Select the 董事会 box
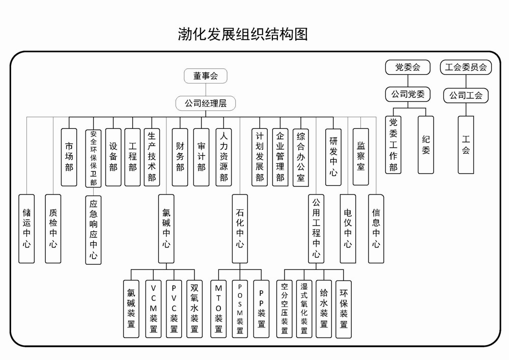(x=205, y=76)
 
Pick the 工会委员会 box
(x=466, y=67)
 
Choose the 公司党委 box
(x=407, y=94)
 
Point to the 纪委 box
(x=426, y=144)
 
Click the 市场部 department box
(x=69, y=156)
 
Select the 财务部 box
(x=180, y=156)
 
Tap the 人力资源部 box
(x=223, y=156)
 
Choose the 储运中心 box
(x=26, y=228)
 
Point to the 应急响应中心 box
(x=93, y=228)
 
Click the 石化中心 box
(x=240, y=228)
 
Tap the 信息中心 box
(x=376, y=228)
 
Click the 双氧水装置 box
(x=194, y=308)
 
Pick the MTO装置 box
(x=218, y=308)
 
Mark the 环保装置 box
(x=344, y=308)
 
